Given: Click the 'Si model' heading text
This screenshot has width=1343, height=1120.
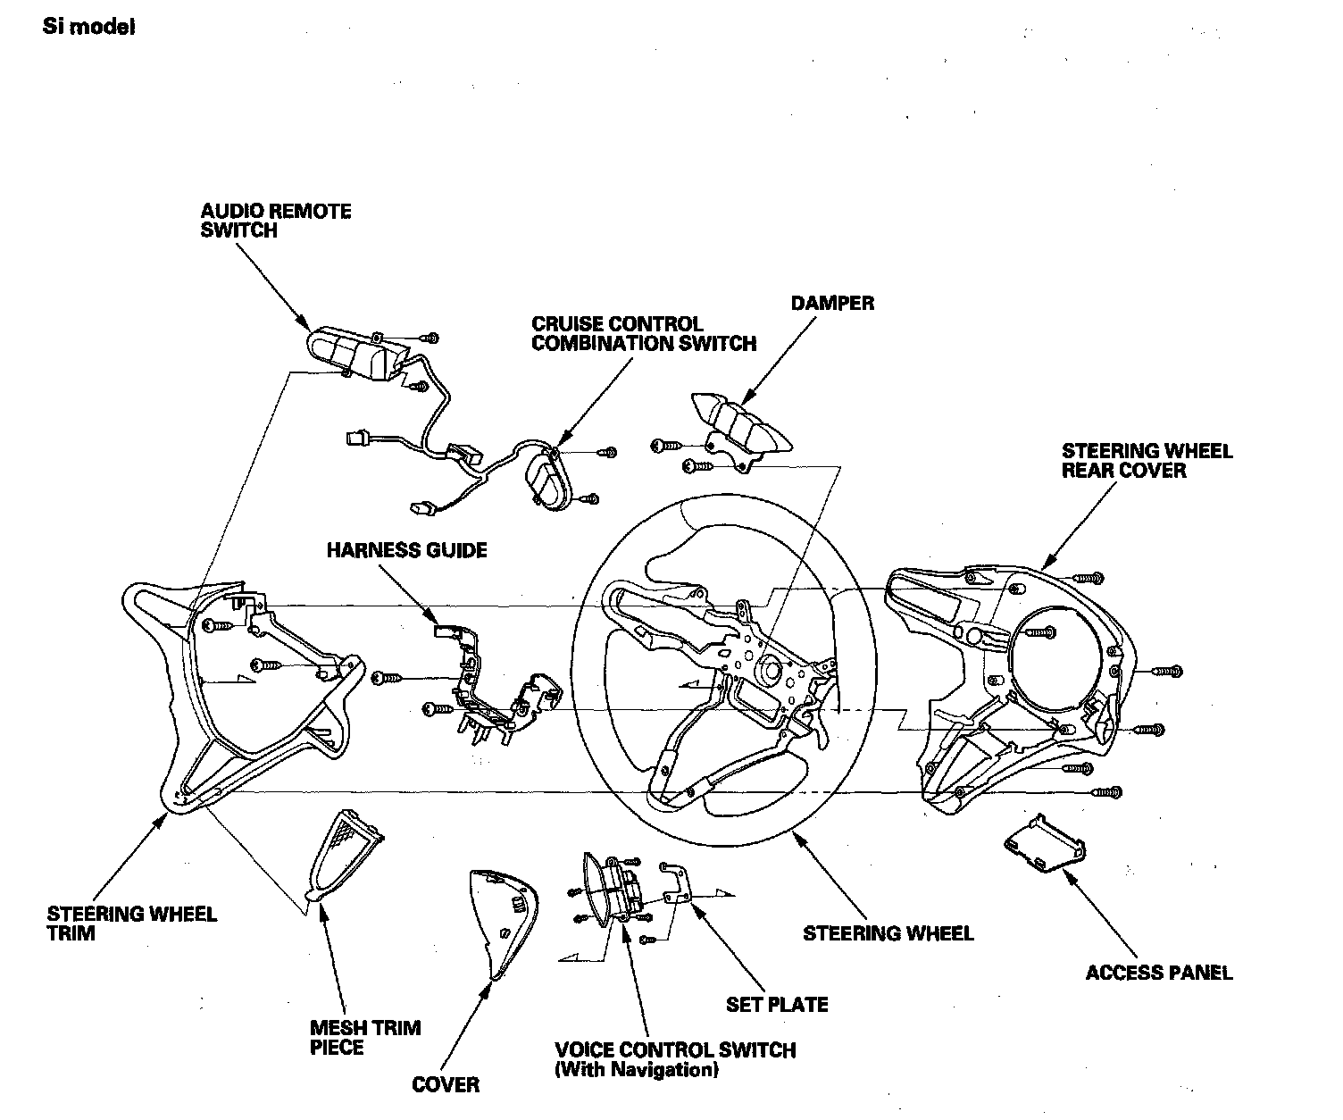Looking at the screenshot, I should pos(89,27).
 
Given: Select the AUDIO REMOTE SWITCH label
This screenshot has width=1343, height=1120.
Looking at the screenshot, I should pos(276,221).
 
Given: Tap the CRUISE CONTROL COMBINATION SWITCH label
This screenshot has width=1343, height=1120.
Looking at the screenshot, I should pos(643,333).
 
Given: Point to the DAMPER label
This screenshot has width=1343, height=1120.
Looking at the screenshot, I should pos(832,304).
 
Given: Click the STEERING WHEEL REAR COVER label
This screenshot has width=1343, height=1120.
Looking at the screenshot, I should pos(1147,460).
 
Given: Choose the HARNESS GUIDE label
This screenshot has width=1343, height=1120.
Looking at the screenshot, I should pos(406,549).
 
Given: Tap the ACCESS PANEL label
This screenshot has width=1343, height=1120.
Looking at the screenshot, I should pos(1158,973).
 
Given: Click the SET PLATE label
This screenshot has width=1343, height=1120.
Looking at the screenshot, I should pos(777,1005).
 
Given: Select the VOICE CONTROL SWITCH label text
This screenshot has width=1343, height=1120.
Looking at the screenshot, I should pos(675,1050).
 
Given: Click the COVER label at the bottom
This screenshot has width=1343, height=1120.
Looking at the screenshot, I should pos(446,1085).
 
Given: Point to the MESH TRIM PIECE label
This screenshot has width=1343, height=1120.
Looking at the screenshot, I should pos(364,1037).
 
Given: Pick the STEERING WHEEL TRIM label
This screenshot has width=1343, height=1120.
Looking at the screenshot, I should pos(132,924).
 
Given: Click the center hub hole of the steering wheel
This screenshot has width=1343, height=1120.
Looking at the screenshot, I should pos(766,667).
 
